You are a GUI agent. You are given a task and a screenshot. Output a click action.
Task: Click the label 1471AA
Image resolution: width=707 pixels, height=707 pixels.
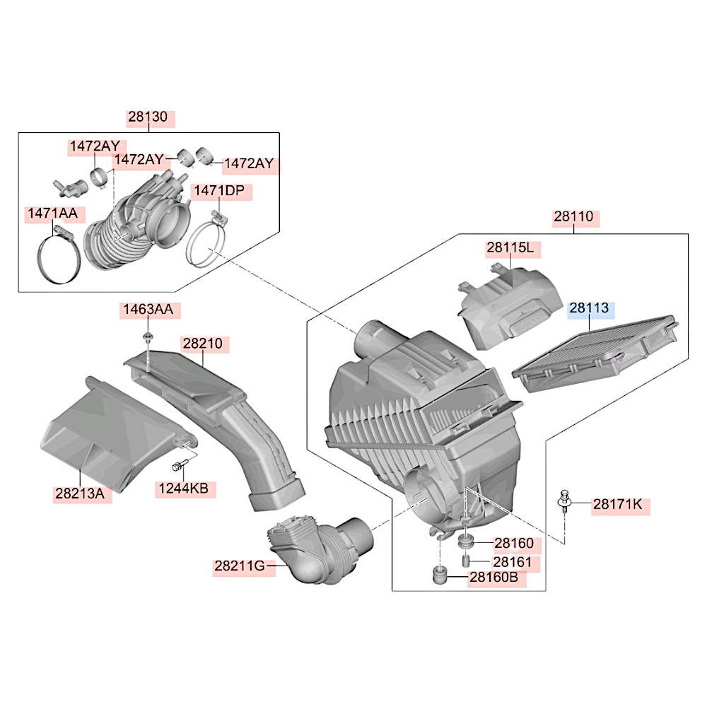(x=54, y=213)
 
